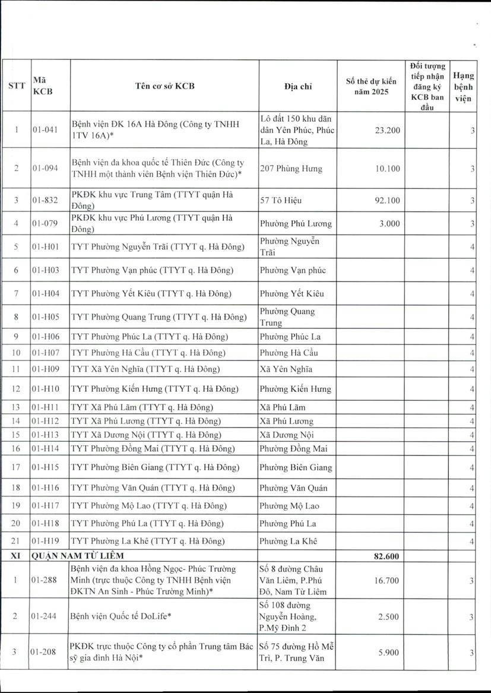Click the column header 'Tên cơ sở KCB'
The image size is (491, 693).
click(164, 86)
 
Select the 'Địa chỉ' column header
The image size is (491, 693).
click(298, 86)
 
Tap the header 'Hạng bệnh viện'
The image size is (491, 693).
click(463, 87)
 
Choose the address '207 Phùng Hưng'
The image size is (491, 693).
click(291, 169)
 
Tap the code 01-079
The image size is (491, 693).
click(45, 224)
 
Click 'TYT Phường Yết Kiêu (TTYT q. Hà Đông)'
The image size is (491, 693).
click(151, 293)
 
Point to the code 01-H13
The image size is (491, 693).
click(46, 435)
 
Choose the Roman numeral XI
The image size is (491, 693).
click(17, 556)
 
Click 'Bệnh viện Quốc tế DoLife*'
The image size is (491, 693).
click(121, 616)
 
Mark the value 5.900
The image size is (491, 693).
click(389, 652)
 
